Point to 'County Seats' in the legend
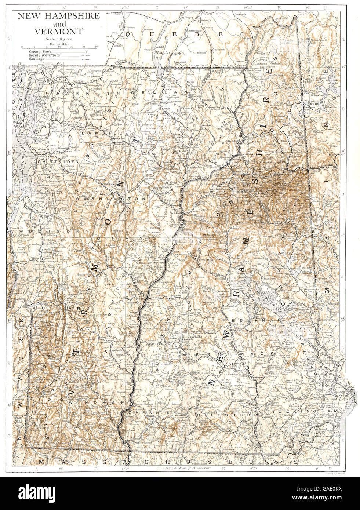pyautogui.click(x=38, y=52)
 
